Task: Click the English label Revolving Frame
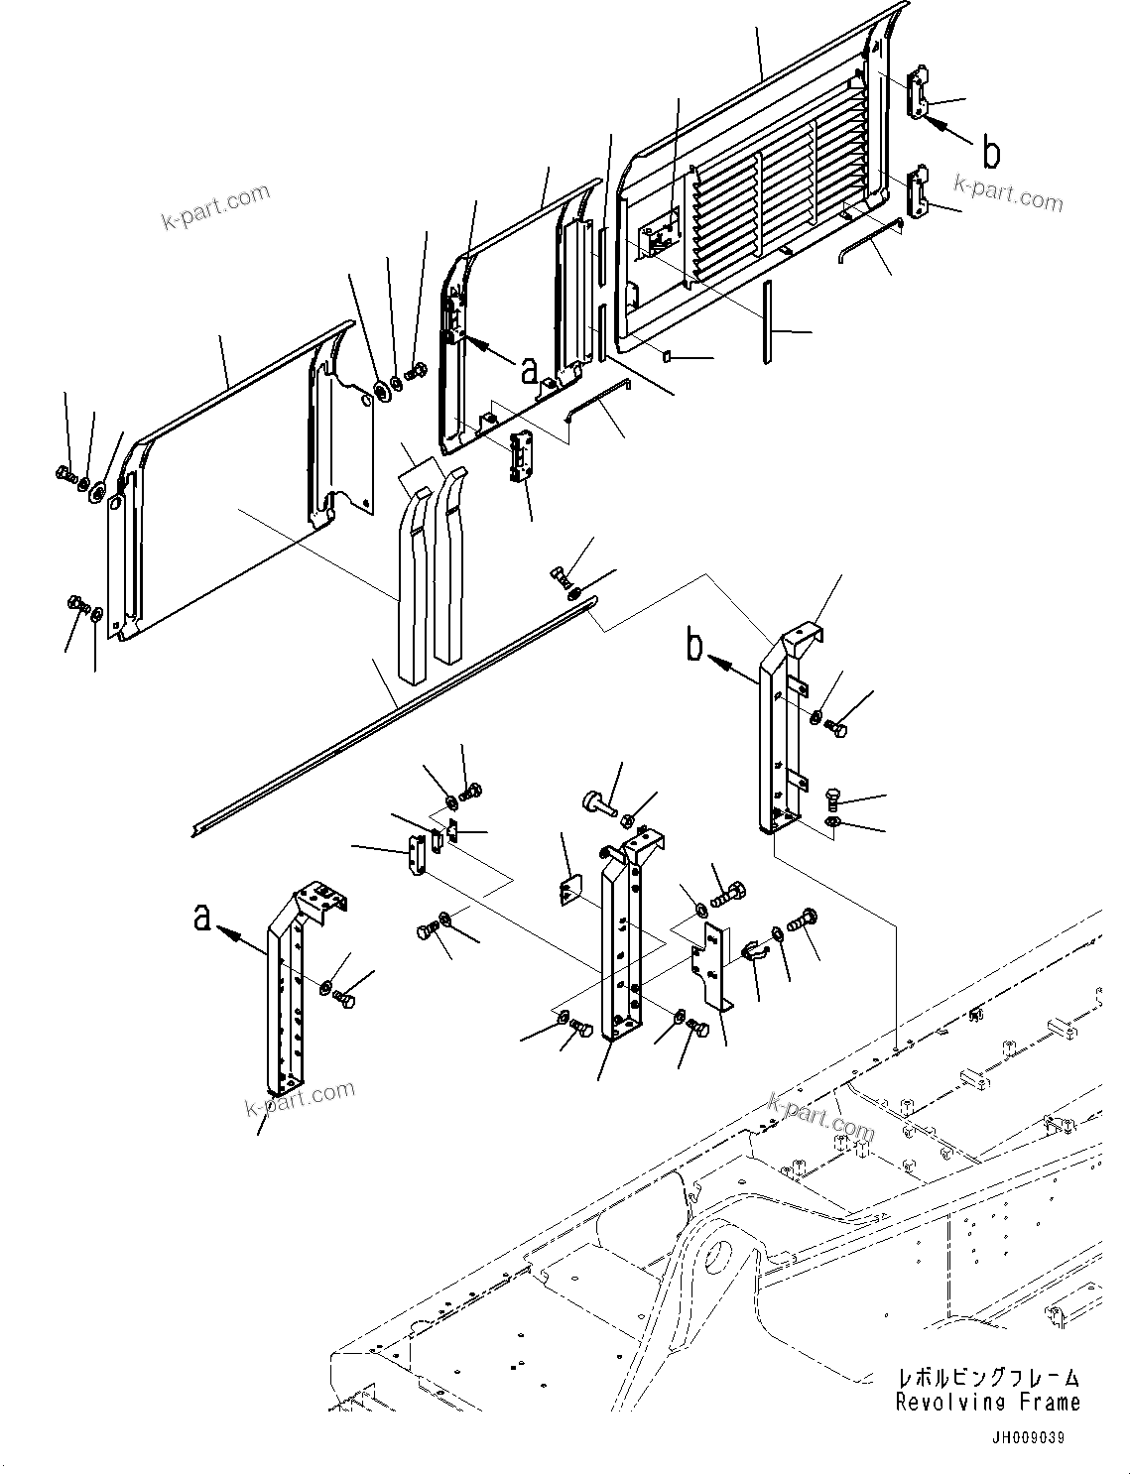(x=986, y=1402)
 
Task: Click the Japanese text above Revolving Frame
(x=986, y=1378)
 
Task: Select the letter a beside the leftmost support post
(x=202, y=919)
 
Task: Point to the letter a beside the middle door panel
(x=529, y=369)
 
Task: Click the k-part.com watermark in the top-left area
(x=215, y=204)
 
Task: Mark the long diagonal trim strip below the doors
(x=397, y=712)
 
